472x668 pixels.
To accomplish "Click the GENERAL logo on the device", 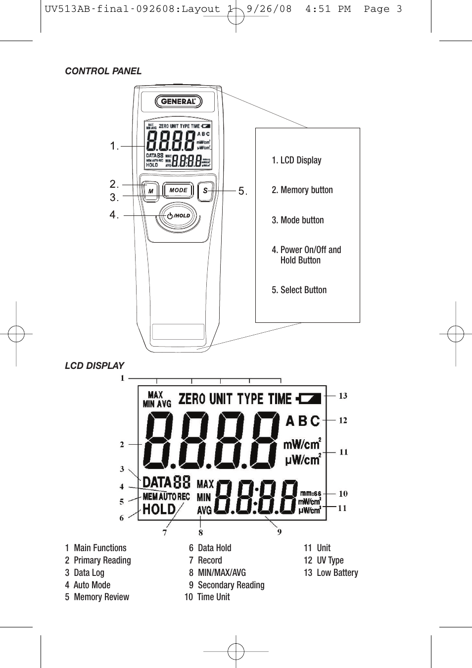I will click(x=179, y=102).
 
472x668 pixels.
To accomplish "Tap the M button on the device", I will click(x=150, y=191).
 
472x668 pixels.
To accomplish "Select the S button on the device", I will click(x=205, y=191).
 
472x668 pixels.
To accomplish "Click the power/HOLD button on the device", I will click(x=179, y=215).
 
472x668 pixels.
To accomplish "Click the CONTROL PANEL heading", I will click(x=103, y=71).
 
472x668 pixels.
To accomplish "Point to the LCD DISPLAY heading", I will click(x=94, y=366).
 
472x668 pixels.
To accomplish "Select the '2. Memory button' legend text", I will click(x=302, y=190).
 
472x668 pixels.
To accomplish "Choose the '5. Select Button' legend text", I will click(x=299, y=290).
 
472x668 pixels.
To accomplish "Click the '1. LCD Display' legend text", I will click(x=296, y=160).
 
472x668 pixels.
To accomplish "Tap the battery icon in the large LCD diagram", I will click(x=309, y=398).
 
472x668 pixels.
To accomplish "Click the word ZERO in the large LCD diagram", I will click(x=191, y=399).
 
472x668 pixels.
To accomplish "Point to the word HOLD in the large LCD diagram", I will click(x=159, y=509).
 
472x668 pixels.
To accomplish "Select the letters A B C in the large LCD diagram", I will click(x=303, y=421).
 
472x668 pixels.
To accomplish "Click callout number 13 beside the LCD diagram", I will click(x=343, y=396).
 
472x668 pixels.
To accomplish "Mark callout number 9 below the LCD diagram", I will click(x=280, y=532).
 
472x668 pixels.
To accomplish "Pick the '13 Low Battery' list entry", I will click(x=330, y=573).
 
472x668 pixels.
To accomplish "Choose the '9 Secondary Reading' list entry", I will click(x=227, y=585).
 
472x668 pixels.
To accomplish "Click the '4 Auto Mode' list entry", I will click(x=88, y=585).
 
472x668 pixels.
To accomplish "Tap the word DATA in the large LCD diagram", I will click(x=156, y=482).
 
